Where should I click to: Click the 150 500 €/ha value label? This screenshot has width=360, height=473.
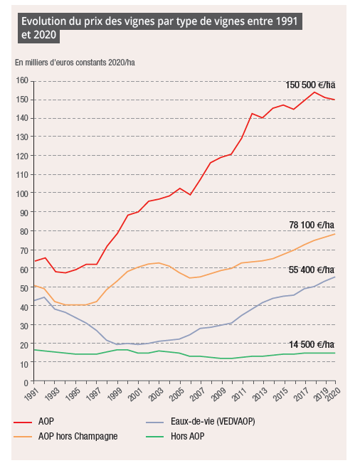pos(310,85)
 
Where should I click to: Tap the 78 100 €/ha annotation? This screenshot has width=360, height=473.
pos(312,225)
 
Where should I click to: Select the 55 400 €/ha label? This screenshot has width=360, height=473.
pos(312,270)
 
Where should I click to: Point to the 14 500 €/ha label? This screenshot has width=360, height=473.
pos(312,344)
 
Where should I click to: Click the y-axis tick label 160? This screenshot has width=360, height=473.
pos(22,80)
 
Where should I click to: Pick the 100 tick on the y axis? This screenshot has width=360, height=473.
pos(22,193)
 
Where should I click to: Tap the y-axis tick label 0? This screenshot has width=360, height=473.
pos(26,383)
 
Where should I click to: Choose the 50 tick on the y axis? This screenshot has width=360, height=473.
pos(24,288)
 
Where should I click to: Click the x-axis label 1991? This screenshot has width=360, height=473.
pos(31,395)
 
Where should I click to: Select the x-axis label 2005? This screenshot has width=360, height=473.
pos(176,395)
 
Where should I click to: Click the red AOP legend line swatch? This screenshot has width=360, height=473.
pos(23,422)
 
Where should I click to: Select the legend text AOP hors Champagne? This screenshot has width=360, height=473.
pos(78,437)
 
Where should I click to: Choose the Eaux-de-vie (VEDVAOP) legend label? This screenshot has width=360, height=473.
pos(213,421)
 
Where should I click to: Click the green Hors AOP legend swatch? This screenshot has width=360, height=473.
pos(154,437)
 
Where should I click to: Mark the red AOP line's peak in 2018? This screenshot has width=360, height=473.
pos(314,92)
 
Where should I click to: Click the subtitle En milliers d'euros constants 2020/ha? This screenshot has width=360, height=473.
pos(75,63)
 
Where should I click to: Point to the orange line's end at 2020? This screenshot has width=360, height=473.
pos(334,234)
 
